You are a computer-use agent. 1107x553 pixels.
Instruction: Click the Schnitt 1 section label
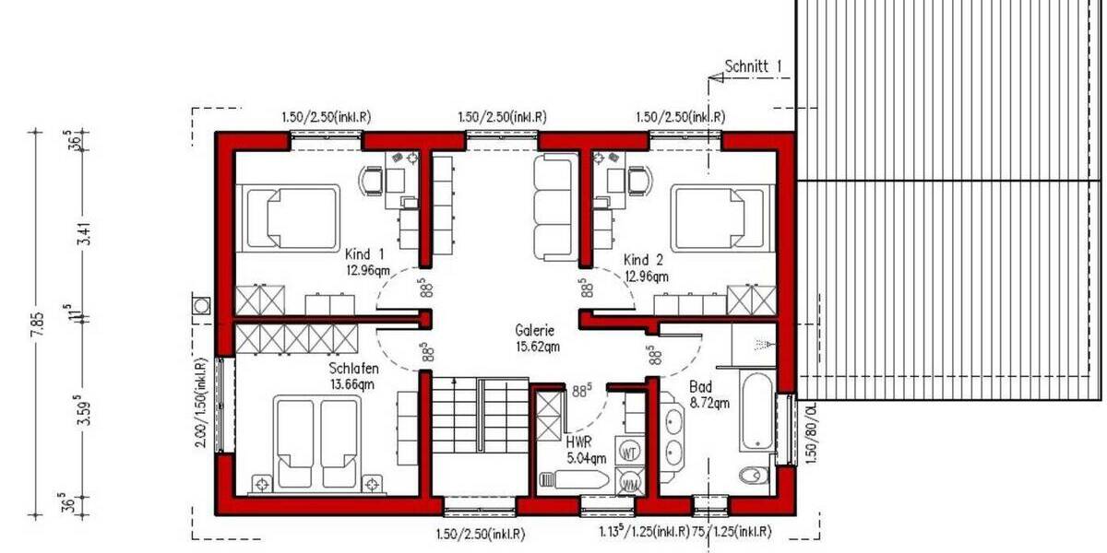[753, 65]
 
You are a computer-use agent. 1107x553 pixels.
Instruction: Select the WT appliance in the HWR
[631, 452]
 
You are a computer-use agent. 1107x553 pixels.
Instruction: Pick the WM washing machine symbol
[631, 482]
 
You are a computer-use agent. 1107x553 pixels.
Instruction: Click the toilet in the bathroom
[754, 476]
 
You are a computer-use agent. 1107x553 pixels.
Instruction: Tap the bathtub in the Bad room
[754, 412]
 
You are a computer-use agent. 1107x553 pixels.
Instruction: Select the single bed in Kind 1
[289, 216]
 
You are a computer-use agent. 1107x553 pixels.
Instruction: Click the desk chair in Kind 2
[637, 181]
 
